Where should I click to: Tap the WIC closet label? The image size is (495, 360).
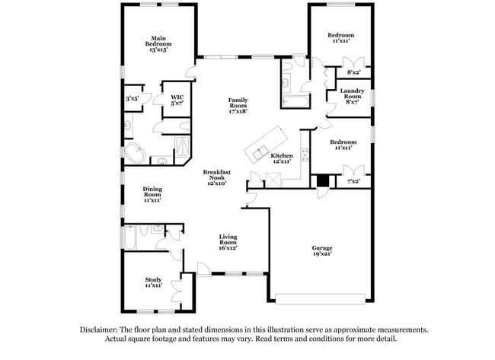click(177, 100)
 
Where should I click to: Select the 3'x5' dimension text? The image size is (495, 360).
click(133, 98)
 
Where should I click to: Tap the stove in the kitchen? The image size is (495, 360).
click(305, 155)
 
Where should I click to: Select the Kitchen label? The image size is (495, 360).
click(282, 158)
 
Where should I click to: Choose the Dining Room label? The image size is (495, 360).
click(152, 196)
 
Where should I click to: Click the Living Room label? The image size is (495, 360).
click(228, 242)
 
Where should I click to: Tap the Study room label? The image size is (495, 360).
click(153, 282)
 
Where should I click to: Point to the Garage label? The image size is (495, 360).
click(322, 251)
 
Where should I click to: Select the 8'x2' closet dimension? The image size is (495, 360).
click(353, 72)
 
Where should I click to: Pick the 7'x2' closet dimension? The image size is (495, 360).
click(353, 182)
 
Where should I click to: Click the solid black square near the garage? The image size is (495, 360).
click(323, 181)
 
